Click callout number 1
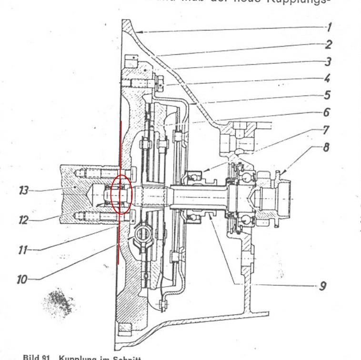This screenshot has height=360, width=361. tap(330, 27)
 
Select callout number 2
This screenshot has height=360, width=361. tap(329, 45)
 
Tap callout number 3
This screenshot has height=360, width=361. tap(328, 61)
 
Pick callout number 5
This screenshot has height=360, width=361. tap(328, 95)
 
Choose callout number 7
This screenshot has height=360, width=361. tap(326, 130)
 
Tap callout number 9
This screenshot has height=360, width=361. tap(323, 287)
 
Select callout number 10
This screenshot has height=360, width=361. tap(22, 279)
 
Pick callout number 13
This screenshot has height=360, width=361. tap(22, 191)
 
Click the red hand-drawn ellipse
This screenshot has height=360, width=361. tap(121, 194)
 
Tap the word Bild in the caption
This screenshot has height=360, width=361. tap(30, 356)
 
